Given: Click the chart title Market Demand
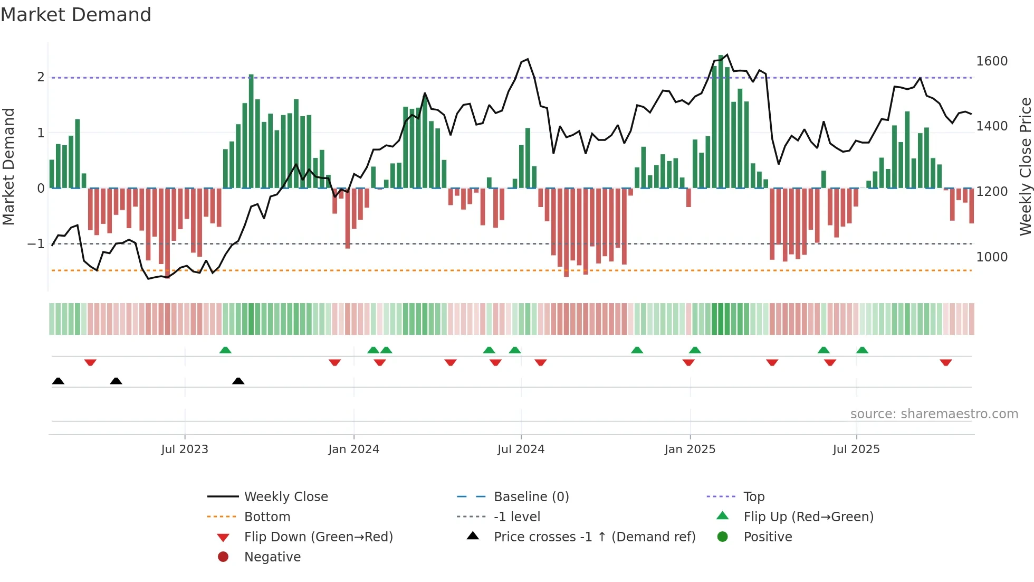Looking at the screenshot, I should (76, 15).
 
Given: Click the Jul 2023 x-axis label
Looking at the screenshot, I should (185, 449).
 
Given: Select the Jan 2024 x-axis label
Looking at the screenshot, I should (353, 449).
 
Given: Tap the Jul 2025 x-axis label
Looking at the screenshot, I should (856, 449).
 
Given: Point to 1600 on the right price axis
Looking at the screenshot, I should (992, 61).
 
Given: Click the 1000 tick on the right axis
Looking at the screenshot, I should (992, 257).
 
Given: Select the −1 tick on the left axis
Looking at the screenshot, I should (36, 244).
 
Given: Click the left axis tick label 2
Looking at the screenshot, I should (41, 77).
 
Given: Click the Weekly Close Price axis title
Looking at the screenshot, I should (1025, 166).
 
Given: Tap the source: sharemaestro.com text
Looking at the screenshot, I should (934, 414).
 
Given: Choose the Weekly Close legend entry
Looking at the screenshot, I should (285, 497).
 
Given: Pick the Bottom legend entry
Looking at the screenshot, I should (267, 517).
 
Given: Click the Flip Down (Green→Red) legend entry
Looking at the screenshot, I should (318, 537).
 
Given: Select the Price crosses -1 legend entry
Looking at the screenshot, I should (594, 537).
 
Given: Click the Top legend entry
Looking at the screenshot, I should (753, 497).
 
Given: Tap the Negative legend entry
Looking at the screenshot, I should (272, 557).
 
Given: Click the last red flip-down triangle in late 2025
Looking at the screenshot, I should (945, 362).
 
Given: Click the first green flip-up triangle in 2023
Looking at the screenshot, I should (225, 350).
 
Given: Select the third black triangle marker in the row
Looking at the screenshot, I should (238, 381).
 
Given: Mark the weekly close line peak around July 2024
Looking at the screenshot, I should (528, 59).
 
